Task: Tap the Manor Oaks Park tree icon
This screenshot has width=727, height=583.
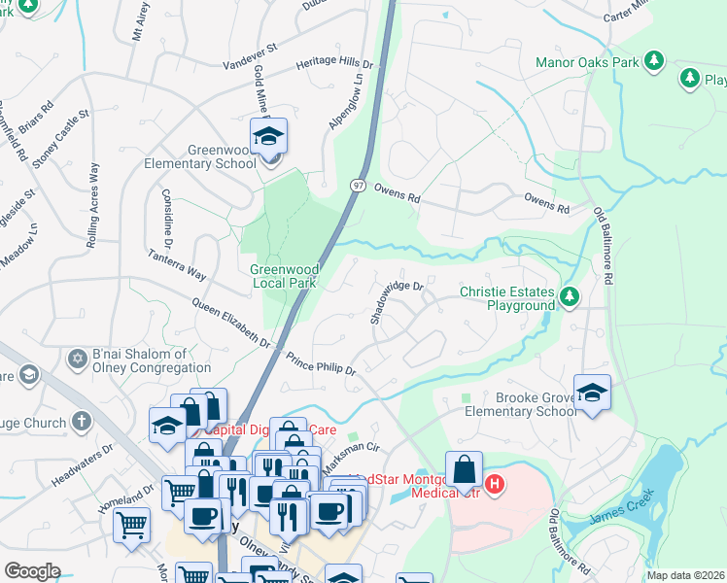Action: tap(654, 61)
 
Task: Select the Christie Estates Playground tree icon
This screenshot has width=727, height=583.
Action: tap(571, 296)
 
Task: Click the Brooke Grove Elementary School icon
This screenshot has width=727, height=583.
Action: tap(592, 393)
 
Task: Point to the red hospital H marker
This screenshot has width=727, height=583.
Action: tap(495, 483)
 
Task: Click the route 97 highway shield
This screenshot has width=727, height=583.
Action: tap(359, 185)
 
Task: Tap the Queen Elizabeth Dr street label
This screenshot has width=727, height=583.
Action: tap(231, 323)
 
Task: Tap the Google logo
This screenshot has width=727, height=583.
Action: tap(32, 571)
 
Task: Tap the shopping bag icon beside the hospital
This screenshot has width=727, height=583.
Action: tap(466, 469)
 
